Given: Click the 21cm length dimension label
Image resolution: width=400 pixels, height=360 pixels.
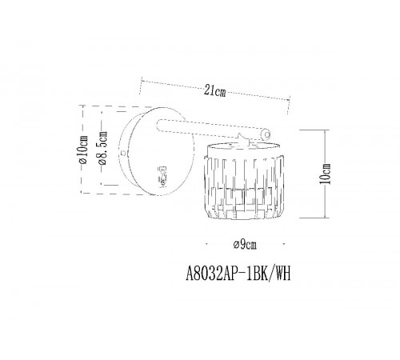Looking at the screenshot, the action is click(215, 91).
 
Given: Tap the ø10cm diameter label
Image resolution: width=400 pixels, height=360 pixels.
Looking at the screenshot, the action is click(84, 150).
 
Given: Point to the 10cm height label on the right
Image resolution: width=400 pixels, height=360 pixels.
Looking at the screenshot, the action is click(326, 174).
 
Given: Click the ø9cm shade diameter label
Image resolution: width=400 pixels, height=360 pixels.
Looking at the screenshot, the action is click(245, 245).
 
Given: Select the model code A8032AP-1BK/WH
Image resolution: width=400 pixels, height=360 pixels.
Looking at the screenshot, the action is click(238, 274).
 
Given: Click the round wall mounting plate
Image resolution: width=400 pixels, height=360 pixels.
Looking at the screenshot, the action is click(157, 151).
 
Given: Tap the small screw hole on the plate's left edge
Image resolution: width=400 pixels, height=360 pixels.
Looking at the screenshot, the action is click(123, 153).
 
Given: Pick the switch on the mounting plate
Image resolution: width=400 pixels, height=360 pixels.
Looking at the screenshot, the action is click(162, 175).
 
